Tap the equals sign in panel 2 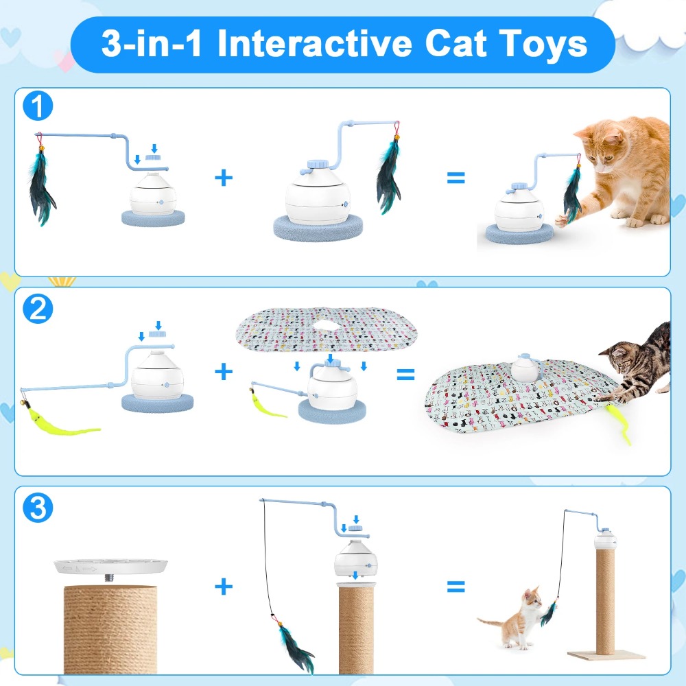tap(405, 374)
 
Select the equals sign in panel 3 tap(456, 587)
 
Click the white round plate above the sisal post tap(110, 567)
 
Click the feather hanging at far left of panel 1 tap(43, 185)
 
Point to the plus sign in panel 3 tap(224, 587)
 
